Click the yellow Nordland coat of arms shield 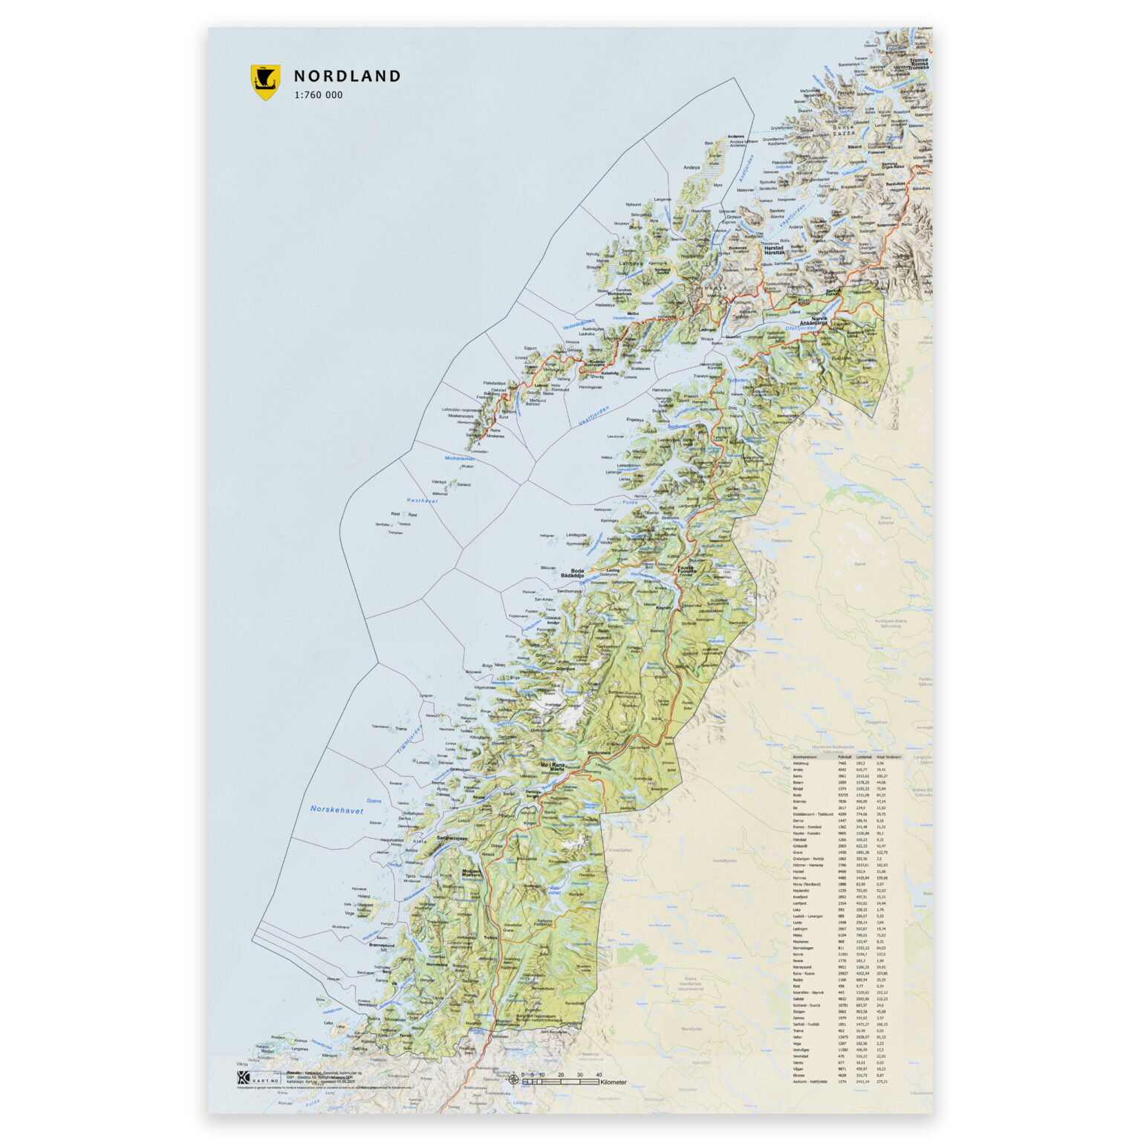click(265, 82)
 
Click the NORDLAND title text click(347, 76)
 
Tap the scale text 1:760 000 click(319, 95)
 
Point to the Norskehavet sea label click(337, 810)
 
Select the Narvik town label click(819, 319)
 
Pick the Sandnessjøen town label click(456, 837)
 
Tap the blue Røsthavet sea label click(422, 501)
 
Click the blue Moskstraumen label click(459, 458)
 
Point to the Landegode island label click(576, 535)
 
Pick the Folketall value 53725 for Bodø click(842, 796)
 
